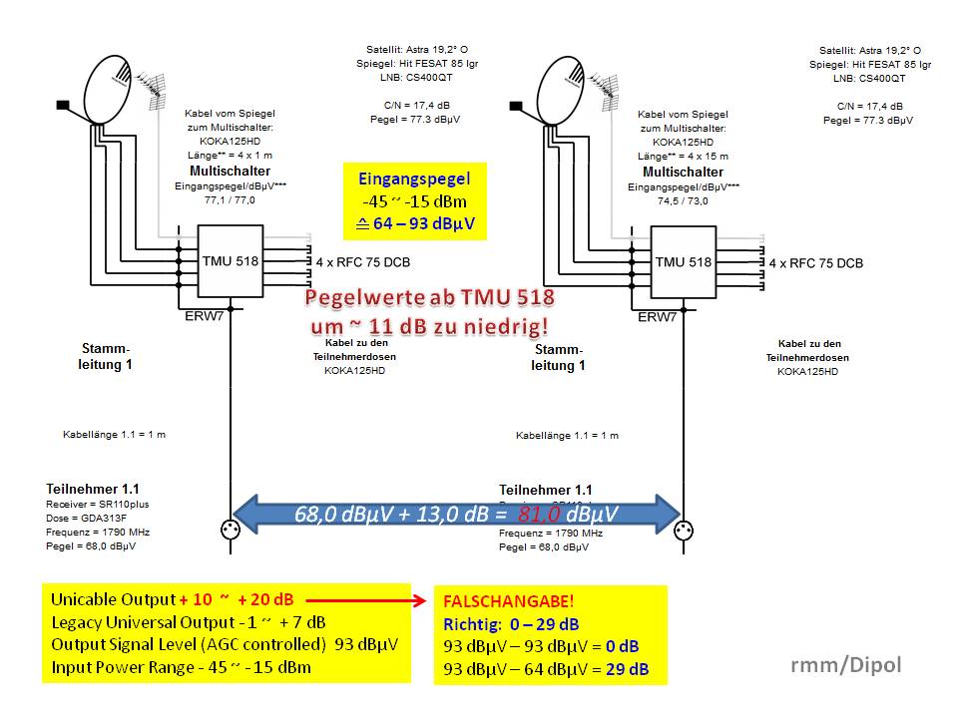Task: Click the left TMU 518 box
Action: pos(230,262)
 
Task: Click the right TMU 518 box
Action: pos(684,262)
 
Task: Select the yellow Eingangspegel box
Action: pos(414,200)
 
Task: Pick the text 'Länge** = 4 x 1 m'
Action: pos(230,157)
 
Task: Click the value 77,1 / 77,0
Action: pos(230,200)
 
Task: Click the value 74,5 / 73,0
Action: pos(684,200)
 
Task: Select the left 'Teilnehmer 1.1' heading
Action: pos(93,490)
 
